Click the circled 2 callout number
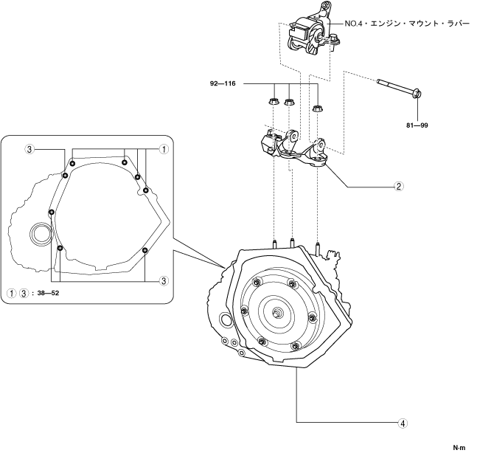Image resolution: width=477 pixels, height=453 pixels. [398, 186]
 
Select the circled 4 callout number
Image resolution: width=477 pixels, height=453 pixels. [402, 423]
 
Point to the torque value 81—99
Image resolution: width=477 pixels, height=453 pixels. [417, 125]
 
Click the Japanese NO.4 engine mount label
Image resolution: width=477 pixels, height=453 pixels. [406, 23]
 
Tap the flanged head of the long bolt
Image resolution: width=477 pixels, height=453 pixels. [417, 94]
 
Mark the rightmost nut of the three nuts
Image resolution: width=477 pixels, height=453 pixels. [318, 108]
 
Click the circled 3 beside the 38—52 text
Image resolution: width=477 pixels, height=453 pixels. [24, 291]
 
